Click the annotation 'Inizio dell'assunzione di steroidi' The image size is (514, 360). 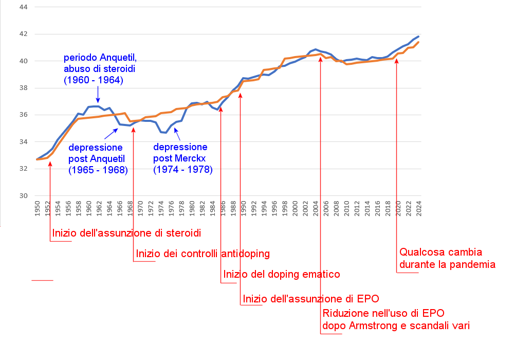(x=126, y=233)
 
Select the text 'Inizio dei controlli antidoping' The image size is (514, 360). (x=203, y=254)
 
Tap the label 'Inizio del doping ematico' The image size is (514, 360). (x=282, y=274)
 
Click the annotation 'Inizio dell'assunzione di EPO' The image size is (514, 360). (x=310, y=299)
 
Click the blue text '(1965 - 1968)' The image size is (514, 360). (x=98, y=170)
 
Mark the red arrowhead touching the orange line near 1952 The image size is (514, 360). (x=50, y=164)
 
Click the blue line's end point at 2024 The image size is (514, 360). (x=418, y=37)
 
